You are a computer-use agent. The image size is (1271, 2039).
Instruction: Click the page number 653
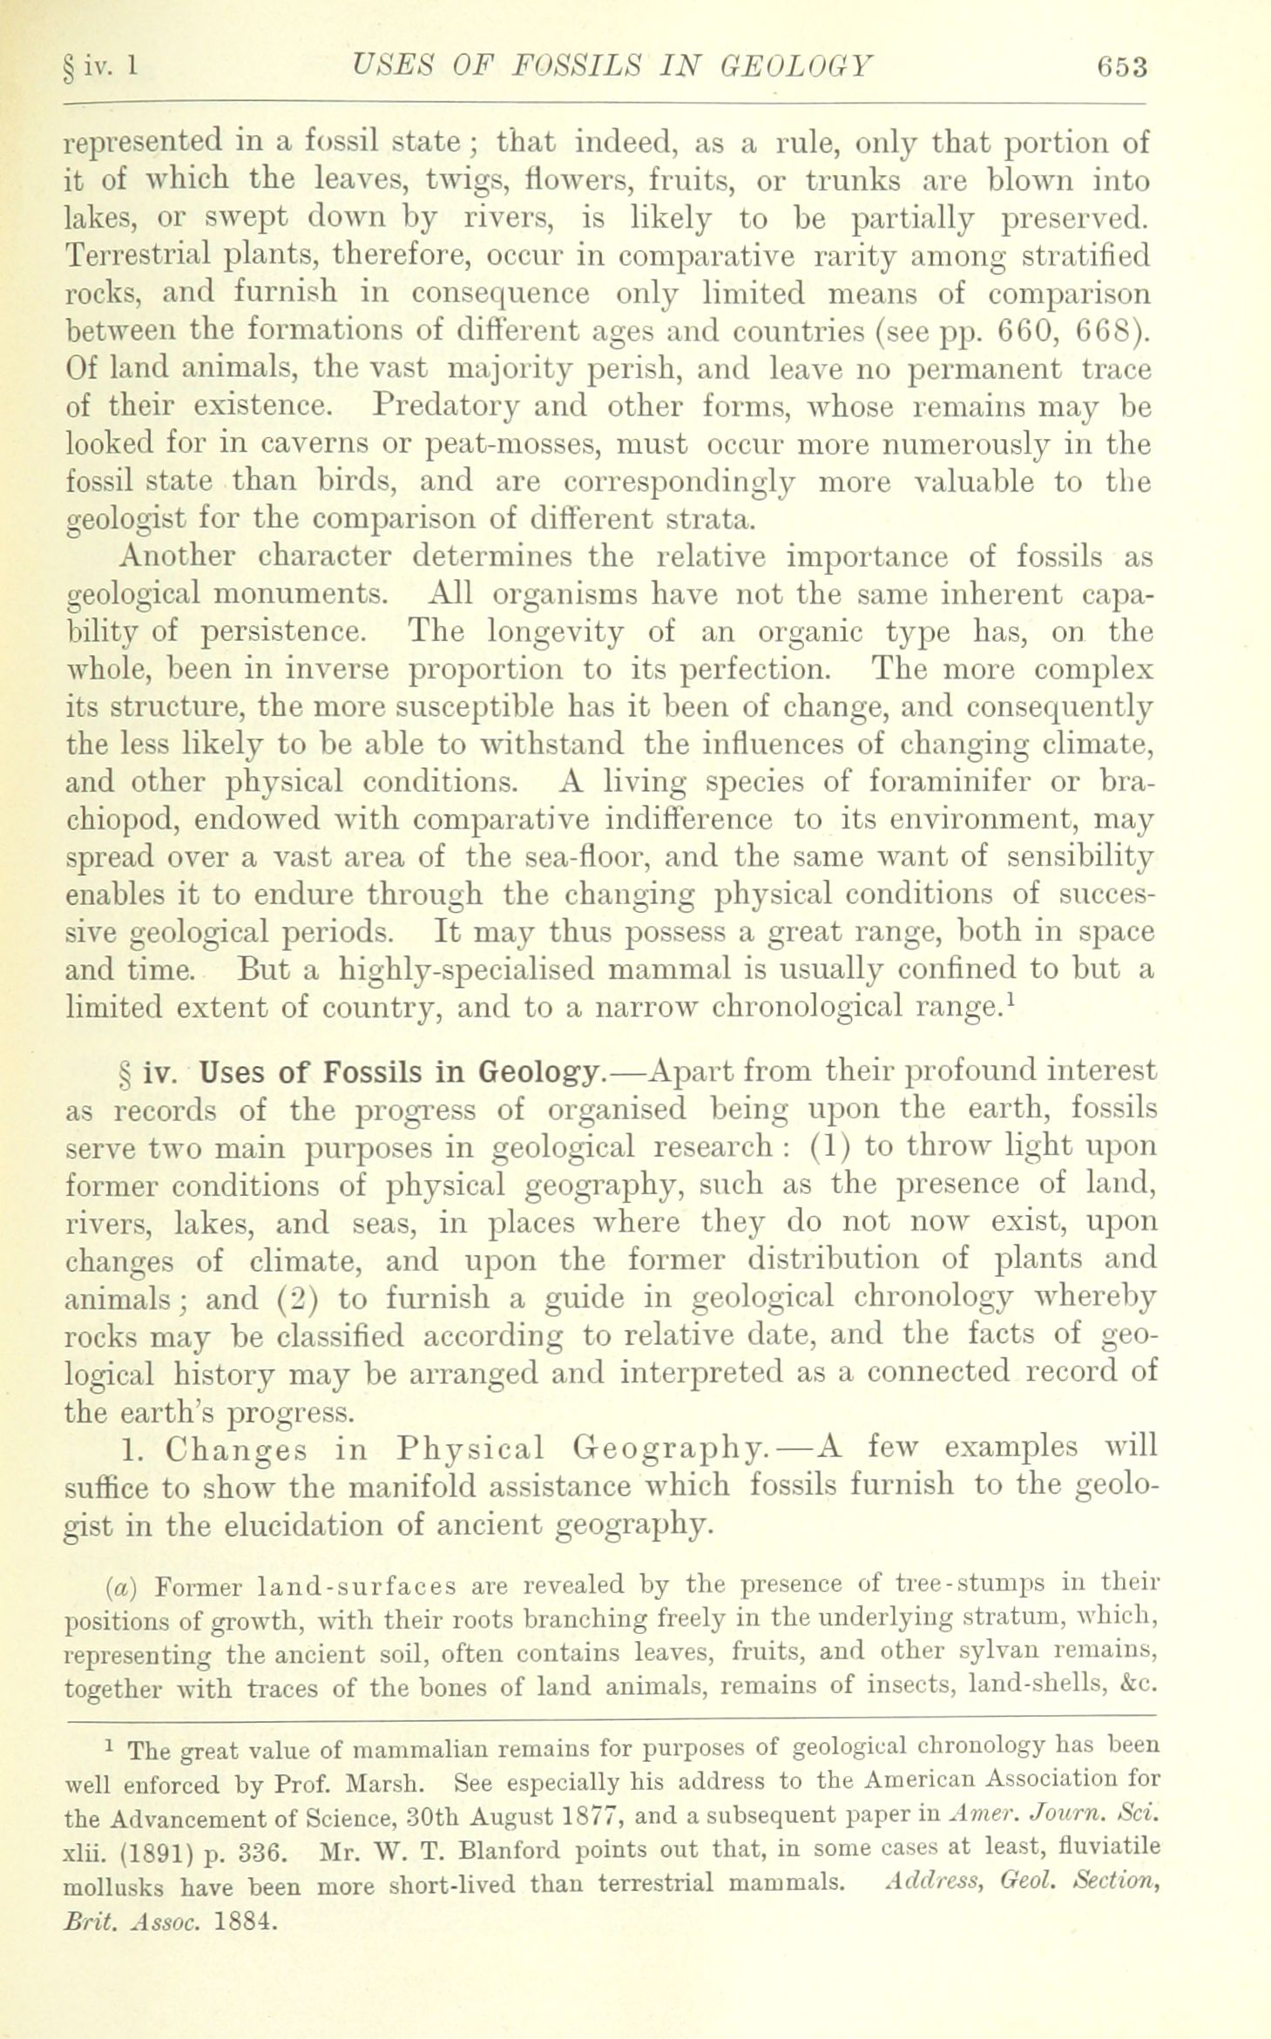point(1123,68)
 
